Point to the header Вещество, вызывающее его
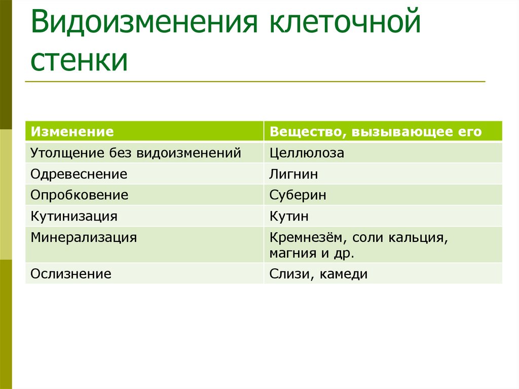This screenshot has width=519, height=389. point(376,132)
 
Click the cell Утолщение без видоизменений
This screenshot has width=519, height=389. point(135,153)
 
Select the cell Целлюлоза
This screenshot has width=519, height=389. point(307,153)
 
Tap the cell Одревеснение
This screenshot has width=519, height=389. point(79,174)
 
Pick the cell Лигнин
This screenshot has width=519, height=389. point(294,174)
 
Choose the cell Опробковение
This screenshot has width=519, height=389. point(79,195)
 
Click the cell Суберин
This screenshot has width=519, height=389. point(298,195)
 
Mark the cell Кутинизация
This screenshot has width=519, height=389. point(74,216)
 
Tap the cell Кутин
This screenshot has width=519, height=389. point(289,216)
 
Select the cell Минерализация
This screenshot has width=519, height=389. point(84,237)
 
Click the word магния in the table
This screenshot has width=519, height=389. point(290,252)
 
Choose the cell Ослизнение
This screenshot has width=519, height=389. point(70,274)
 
